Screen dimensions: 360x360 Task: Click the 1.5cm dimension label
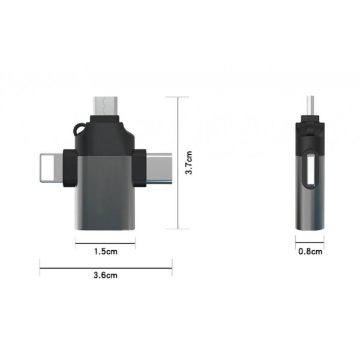click(x=105, y=252)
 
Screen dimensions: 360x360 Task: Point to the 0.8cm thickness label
click(x=310, y=251)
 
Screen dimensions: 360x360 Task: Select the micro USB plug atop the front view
click(x=106, y=105)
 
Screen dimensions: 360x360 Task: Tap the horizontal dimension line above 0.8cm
click(x=310, y=242)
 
